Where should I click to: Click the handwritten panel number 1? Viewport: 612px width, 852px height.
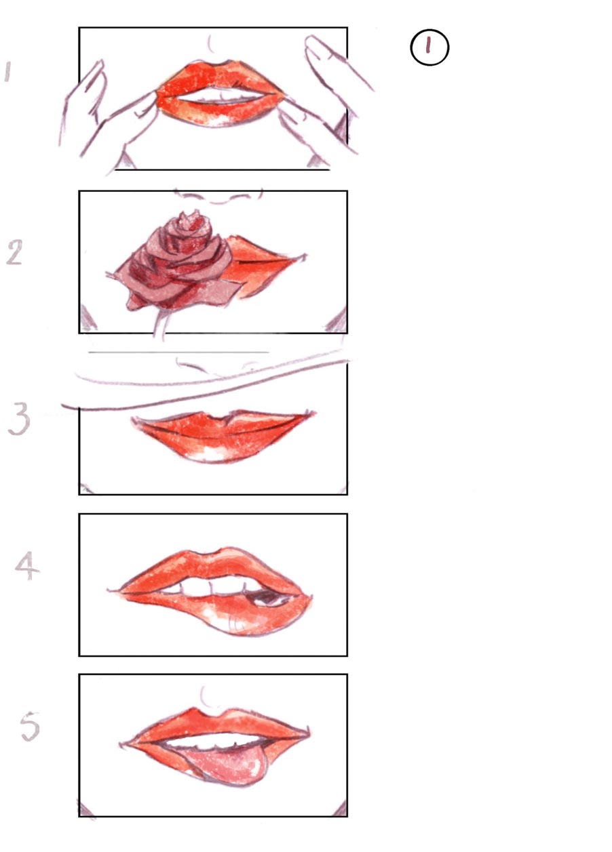(x=7, y=71)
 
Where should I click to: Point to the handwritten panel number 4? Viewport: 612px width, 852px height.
(x=26, y=567)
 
